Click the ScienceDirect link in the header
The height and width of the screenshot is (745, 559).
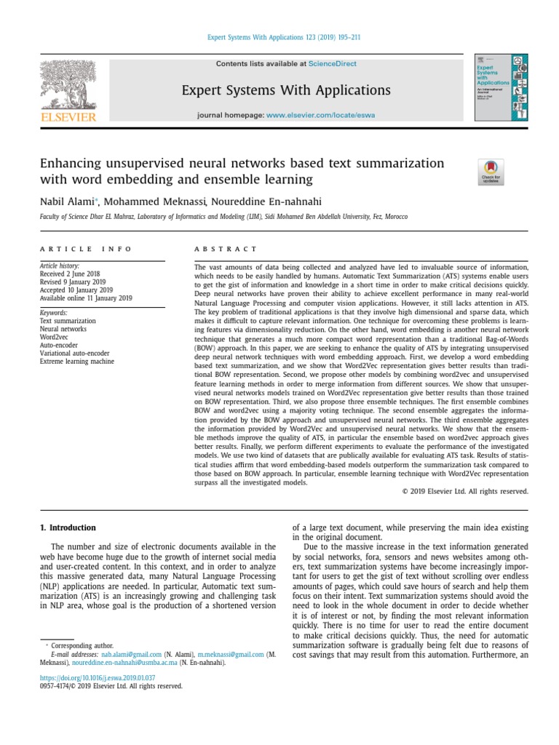click(x=332, y=64)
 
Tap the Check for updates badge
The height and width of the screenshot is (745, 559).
click(x=490, y=172)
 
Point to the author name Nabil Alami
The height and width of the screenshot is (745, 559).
click(x=71, y=202)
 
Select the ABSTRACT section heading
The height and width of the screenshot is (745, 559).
click(x=225, y=249)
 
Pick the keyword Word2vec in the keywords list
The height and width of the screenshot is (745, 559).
click(x=56, y=338)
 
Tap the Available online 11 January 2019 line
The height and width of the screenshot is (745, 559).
click(x=86, y=298)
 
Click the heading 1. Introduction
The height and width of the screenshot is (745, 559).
click(x=67, y=527)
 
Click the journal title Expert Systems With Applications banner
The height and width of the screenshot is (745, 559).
click(x=286, y=90)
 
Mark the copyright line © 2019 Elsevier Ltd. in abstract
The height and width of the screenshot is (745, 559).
click(x=465, y=491)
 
